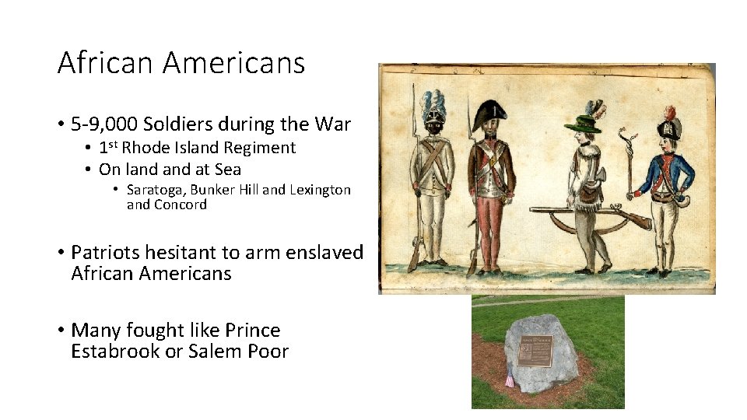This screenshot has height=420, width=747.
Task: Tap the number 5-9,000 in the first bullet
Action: point(106,124)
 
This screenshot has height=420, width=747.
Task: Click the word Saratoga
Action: point(156,190)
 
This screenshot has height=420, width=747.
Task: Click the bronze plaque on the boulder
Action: point(536,351)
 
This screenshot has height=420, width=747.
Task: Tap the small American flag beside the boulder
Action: point(510,379)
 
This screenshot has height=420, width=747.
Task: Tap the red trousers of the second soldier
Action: point(488,229)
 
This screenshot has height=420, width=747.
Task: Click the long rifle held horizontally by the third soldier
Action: point(591,212)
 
